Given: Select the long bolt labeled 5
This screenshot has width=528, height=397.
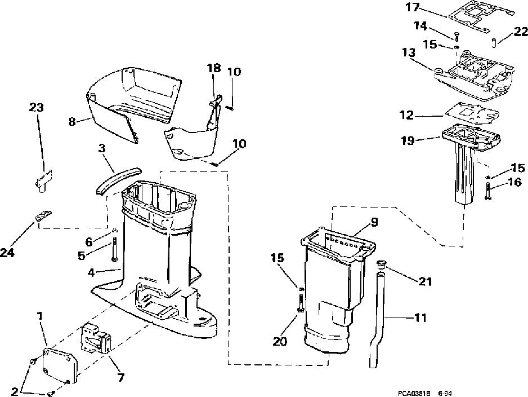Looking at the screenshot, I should click(114, 250).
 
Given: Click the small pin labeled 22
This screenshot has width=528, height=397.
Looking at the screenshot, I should click(493, 42).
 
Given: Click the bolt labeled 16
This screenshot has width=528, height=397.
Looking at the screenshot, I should click(487, 192).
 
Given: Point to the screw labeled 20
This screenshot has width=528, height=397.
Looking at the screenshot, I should click(300, 306).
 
